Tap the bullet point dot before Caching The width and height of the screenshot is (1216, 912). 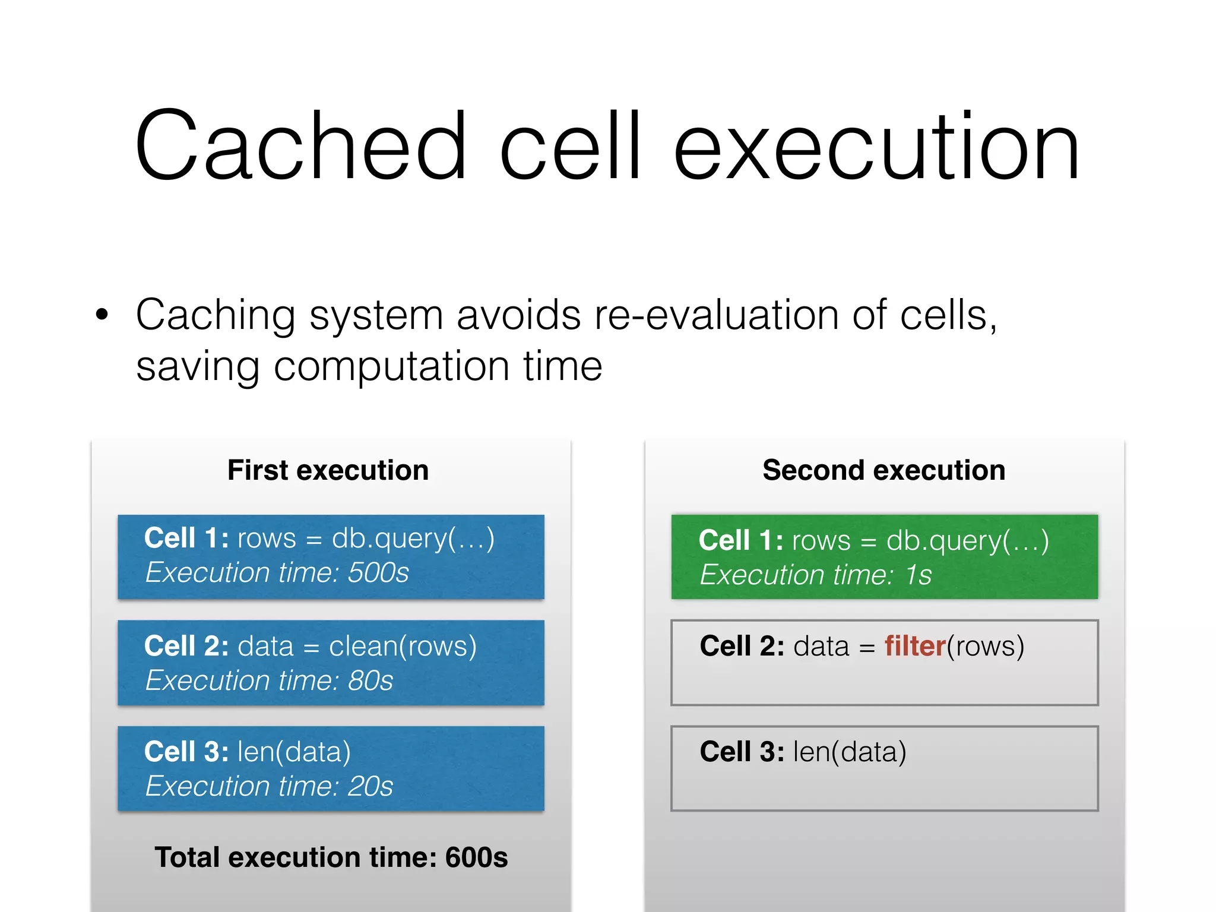pos(102,315)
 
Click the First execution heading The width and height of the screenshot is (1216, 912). pos(328,470)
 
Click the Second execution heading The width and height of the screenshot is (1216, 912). pos(883,470)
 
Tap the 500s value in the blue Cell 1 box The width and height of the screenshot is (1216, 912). pos(378,573)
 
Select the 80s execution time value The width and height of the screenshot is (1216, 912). pos(370,680)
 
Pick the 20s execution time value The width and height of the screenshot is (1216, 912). pos(370,786)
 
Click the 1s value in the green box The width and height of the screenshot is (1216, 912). pos(918,575)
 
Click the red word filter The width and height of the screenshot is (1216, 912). pos(914,646)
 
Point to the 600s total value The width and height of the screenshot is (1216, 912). pos(477,857)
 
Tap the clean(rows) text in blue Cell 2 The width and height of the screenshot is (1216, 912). pos(403,646)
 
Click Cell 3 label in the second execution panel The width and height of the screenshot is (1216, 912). pos(742,752)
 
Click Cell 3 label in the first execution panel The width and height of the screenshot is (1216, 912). pos(186,752)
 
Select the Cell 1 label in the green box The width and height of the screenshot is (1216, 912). pos(740,540)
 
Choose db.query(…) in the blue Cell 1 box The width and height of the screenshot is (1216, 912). pos(413,539)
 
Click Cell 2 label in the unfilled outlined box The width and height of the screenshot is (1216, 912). pos(742,646)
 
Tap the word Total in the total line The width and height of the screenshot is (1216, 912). pos(187,857)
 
